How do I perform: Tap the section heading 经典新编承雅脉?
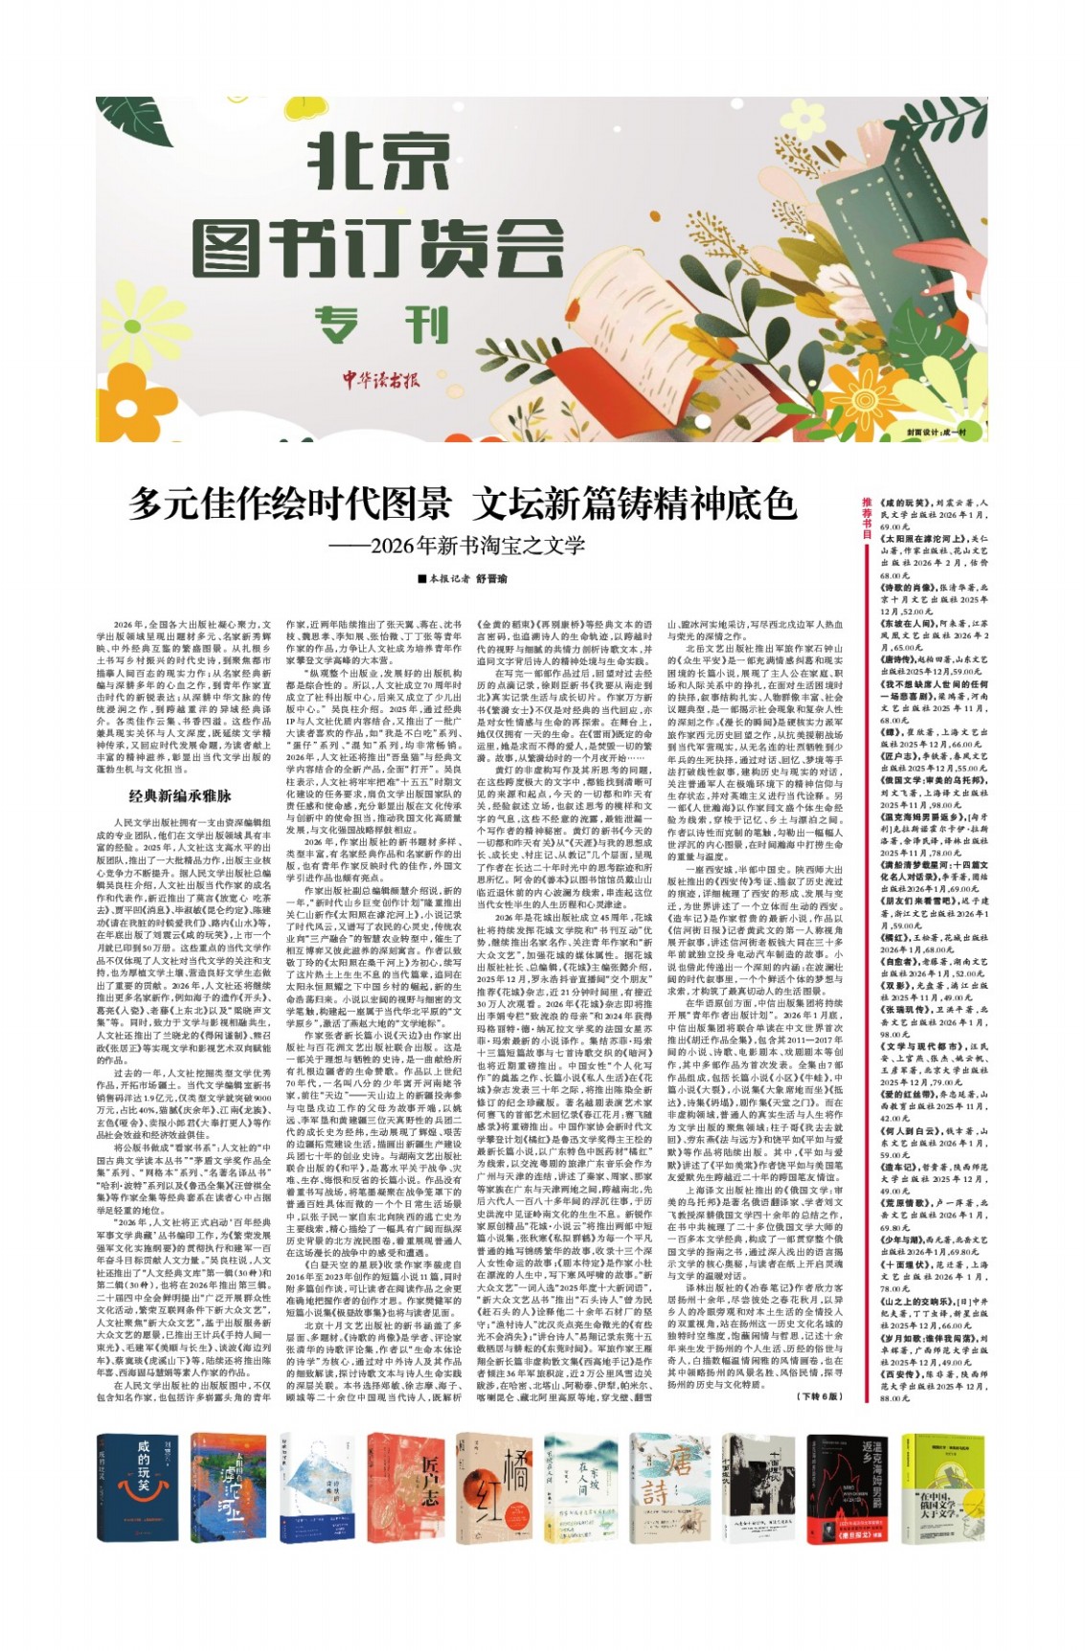point(181,794)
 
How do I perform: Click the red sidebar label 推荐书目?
point(867,516)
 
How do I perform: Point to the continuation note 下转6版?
point(818,1396)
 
